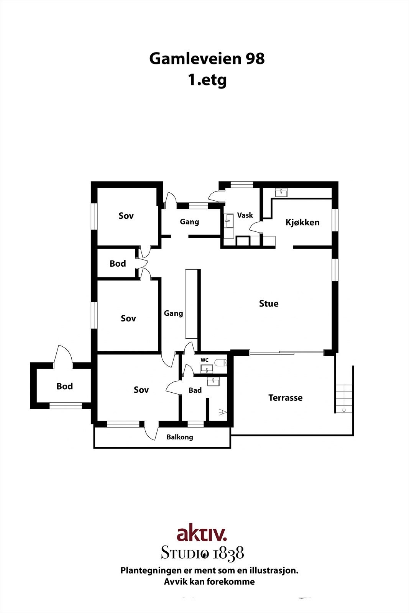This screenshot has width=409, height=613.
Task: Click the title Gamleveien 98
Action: tap(207, 59)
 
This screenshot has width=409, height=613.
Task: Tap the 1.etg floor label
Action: tap(207, 80)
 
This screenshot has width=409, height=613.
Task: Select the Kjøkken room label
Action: tap(302, 222)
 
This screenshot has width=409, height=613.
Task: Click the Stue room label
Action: tap(269, 303)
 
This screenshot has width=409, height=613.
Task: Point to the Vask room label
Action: tap(245, 215)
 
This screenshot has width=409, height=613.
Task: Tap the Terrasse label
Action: tap(285, 398)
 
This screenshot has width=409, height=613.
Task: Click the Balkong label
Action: tap(180, 437)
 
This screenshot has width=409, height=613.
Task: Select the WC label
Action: tap(204, 360)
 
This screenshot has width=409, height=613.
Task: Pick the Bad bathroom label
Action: tap(195, 390)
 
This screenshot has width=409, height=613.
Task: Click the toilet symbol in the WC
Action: tap(220, 362)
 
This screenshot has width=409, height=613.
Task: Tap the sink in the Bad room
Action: tap(213, 381)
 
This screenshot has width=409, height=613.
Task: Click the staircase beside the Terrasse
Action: tap(344, 398)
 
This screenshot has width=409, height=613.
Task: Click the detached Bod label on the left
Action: tap(64, 386)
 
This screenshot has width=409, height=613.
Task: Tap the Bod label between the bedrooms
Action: tap(117, 264)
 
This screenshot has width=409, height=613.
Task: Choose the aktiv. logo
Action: tap(202, 533)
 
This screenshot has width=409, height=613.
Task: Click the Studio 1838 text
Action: tap(202, 553)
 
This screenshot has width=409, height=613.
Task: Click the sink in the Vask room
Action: tap(229, 219)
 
